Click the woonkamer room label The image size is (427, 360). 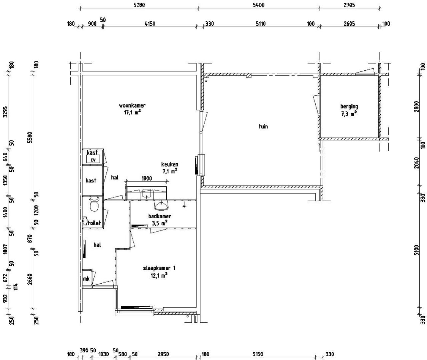(132, 106)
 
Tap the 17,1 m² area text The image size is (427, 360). (132, 112)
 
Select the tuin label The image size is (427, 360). (263, 126)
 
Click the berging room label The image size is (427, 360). (349, 106)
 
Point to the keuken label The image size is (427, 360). (169, 164)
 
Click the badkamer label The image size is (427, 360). (159, 216)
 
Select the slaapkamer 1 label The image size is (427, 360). (159, 268)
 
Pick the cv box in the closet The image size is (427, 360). (93, 160)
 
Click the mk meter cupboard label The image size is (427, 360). (86, 279)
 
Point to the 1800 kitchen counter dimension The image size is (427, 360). (146, 178)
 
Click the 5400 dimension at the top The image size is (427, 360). (259, 5)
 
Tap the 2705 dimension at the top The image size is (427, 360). (349, 5)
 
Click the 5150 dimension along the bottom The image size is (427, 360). (258, 354)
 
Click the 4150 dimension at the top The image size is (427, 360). (149, 24)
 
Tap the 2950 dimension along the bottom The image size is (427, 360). (163, 354)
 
